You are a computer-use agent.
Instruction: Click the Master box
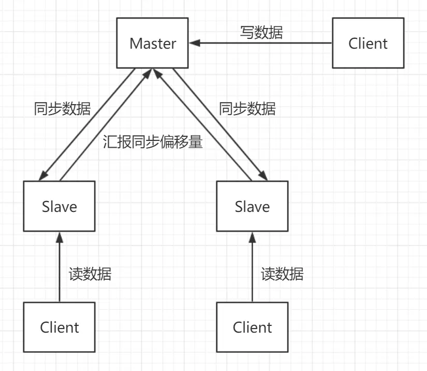coord(153,43)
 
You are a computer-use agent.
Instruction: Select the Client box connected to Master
coord(368,43)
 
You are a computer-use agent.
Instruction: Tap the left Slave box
coord(59,206)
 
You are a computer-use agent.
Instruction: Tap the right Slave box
coord(252,206)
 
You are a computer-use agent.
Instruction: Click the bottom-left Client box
coord(59,327)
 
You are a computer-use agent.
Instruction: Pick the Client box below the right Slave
coord(252,327)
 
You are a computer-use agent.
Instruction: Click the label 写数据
coord(262,32)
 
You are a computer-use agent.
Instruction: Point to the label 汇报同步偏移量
coord(153,142)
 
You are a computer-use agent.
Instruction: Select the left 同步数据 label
coord(62,109)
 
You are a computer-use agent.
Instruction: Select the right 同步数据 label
coord(247,109)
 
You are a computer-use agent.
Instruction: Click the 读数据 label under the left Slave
coord(90,274)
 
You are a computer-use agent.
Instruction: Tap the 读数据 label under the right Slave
coord(282,274)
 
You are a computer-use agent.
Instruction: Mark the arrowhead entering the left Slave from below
coord(59,237)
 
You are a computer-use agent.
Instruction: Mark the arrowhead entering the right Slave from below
coord(252,237)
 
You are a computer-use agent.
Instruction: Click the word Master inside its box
coord(153,43)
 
